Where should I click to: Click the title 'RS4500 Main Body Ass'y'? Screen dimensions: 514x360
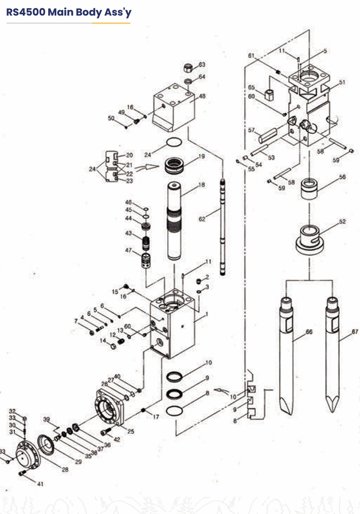tap(68, 12)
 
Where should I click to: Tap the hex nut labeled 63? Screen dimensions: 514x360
tap(188, 68)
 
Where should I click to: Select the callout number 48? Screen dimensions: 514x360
tap(202, 97)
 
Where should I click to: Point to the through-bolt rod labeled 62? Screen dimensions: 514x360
tap(223, 225)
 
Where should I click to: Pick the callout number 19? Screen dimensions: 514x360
tap(201, 156)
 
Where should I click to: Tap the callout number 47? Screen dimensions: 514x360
tap(128, 250)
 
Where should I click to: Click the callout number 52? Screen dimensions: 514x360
tap(342, 221)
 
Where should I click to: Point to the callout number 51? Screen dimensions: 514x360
tap(342, 82)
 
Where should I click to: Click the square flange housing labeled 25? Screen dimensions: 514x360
tap(110, 406)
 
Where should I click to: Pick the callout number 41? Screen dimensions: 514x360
tap(40, 484)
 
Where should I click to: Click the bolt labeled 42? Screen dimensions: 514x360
tap(104, 432)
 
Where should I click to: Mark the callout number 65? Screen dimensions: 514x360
tap(251, 87)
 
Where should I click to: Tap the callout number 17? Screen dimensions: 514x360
tap(156, 417)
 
